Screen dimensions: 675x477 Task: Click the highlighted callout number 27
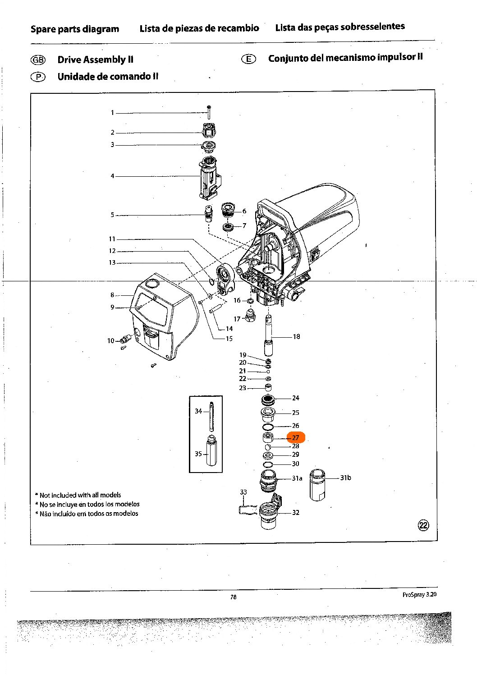coord(296,437)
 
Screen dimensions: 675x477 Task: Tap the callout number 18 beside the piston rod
coord(296,336)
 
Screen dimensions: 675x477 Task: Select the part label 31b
coord(345,478)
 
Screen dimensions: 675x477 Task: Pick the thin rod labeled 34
coord(211,416)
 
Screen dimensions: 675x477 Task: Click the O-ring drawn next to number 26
coord(268,427)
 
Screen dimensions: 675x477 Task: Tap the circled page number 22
coord(423,525)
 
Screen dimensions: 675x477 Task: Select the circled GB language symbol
coord(38,60)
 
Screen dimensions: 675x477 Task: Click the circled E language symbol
coord(248,59)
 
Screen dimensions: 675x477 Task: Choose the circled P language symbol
coord(38,77)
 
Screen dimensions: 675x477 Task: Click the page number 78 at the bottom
coord(233,597)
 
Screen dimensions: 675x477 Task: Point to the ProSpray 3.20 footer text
coord(419,595)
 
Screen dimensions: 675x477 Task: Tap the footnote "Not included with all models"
coord(80,495)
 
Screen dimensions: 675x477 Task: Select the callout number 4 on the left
coord(112,176)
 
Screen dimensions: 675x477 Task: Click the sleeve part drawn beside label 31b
coord(317,484)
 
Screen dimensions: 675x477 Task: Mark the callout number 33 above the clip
coord(243,492)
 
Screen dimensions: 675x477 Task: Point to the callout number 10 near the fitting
coord(111,341)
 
